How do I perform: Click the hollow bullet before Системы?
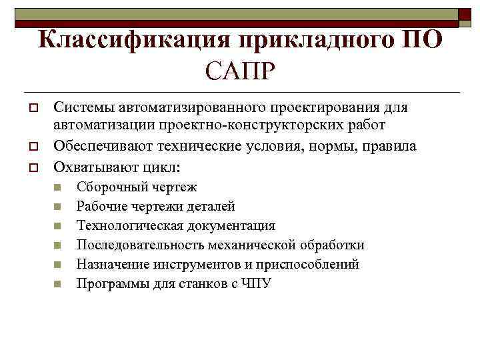(31, 108)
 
